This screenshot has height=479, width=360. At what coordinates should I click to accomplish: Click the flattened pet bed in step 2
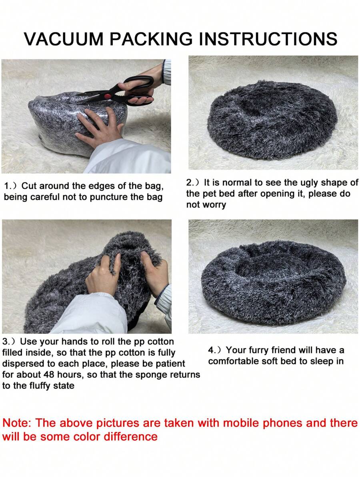coord(272,119)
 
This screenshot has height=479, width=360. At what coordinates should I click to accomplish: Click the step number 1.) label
coord(12,186)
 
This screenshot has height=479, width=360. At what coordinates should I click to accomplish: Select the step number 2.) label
coord(194,183)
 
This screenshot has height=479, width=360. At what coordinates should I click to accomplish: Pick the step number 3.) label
coord(10,341)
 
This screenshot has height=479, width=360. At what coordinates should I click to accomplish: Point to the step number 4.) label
coord(216,350)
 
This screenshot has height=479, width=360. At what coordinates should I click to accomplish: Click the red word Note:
coord(17,423)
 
